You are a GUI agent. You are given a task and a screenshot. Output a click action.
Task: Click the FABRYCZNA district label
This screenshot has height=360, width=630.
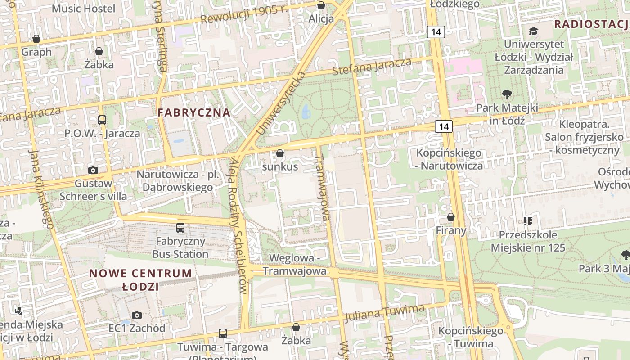pyautogui.click(x=194, y=112)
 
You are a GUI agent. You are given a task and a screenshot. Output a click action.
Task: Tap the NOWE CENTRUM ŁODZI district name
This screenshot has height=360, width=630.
pyautogui.click(x=140, y=279)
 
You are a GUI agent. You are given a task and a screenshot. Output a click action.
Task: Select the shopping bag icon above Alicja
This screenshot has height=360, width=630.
pyautogui.click(x=321, y=5)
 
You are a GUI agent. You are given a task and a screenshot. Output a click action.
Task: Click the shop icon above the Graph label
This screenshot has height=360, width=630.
pyautogui.click(x=36, y=39)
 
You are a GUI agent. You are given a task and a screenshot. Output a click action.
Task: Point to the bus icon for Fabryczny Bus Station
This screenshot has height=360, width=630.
pyautogui.click(x=180, y=228)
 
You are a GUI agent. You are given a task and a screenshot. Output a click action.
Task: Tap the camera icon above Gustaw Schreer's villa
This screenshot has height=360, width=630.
pyautogui.click(x=93, y=170)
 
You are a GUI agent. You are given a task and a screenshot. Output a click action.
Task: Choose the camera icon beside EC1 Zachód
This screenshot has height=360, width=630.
pyautogui.click(x=137, y=315)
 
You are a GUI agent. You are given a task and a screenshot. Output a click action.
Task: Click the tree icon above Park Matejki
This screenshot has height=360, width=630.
pyautogui.click(x=507, y=94)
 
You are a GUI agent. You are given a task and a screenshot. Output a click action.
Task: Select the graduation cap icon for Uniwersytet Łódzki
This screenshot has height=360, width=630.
pyautogui.click(x=533, y=31)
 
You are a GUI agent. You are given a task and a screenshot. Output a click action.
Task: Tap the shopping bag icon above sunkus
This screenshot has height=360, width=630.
pyautogui.click(x=280, y=154)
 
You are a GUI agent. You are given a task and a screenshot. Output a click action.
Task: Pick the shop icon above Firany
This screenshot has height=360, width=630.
pyautogui.click(x=451, y=217)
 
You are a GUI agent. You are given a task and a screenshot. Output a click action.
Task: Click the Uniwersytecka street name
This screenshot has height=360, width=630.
pyautogui.click(x=280, y=103)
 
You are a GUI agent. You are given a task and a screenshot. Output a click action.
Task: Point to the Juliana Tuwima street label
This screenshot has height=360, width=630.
pyautogui.click(x=384, y=313)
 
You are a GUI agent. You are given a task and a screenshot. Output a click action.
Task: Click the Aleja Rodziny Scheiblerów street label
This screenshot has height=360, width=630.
pyautogui.click(x=241, y=225)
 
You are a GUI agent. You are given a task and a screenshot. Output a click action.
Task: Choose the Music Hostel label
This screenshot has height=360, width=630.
pyautogui.click(x=84, y=8)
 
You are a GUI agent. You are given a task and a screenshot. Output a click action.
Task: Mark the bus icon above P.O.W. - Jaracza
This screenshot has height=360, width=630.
pyautogui.click(x=102, y=120)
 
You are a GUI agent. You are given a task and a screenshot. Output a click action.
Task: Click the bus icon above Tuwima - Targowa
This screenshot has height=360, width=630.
pyautogui.click(x=223, y=333)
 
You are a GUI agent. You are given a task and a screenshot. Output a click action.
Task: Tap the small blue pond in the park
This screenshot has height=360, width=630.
pyautogui.click(x=306, y=110)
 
